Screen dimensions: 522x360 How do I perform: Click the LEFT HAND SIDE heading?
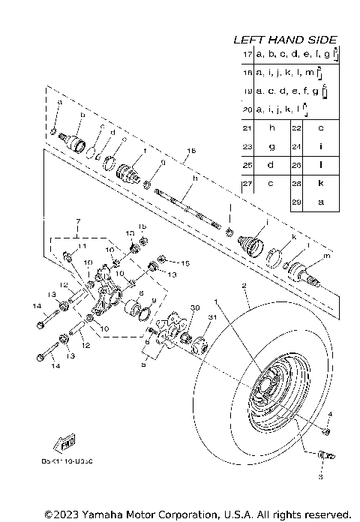pyautogui.click(x=285, y=40)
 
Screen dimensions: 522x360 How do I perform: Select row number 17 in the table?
pyautogui.click(x=247, y=55)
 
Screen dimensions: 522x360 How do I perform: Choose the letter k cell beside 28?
pyautogui.click(x=320, y=183)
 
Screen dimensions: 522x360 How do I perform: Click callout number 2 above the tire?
pyautogui.click(x=244, y=286)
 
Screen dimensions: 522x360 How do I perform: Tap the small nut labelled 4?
pyautogui.click(x=325, y=431)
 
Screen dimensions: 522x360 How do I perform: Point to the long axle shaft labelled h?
pyautogui.click(x=187, y=205)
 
